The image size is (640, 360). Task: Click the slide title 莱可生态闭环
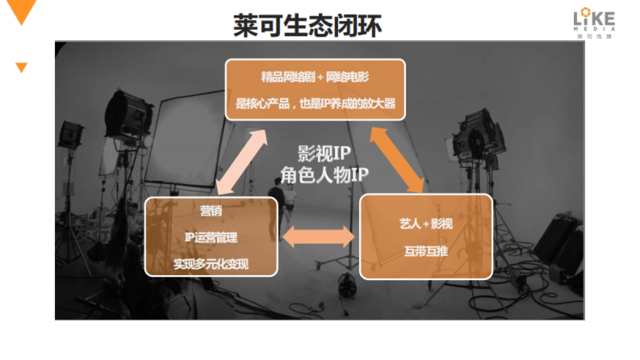pyautogui.click(x=308, y=26)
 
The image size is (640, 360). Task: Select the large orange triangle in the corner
pyautogui.click(x=22, y=11)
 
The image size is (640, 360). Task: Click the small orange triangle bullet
pyautogui.click(x=21, y=67)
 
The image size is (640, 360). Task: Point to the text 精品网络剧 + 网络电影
pyautogui.click(x=315, y=77)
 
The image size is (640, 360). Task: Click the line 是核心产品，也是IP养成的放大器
pyautogui.click(x=315, y=103)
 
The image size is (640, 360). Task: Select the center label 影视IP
pyautogui.click(x=324, y=154)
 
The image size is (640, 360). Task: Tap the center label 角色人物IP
pyautogui.click(x=324, y=174)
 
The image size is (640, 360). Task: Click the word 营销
pyautogui.click(x=211, y=211)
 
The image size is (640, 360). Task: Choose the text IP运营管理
pyautogui.click(x=211, y=237)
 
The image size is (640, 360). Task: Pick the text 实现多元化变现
pyautogui.click(x=211, y=263)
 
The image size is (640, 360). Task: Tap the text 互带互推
pyautogui.click(x=426, y=251)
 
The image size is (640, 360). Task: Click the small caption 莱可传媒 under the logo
pyautogui.click(x=594, y=36)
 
